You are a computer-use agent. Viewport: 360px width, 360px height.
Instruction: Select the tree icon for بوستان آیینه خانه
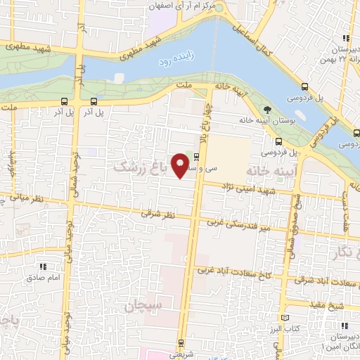point(267,109)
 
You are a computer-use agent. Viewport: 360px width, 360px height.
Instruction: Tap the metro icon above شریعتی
point(182,344)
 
